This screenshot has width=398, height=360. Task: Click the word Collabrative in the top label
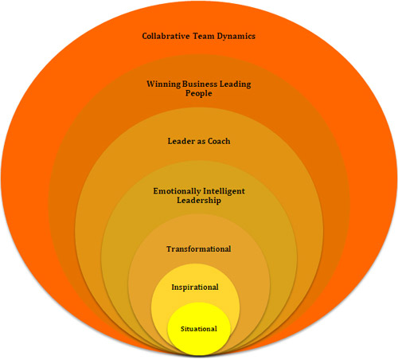click(x=165, y=36)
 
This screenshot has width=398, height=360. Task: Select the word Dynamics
click(x=236, y=37)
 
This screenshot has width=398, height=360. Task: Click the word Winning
click(x=164, y=84)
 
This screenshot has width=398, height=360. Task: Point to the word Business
click(x=200, y=84)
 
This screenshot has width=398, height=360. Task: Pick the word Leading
click(x=235, y=84)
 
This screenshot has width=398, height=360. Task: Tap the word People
click(x=199, y=93)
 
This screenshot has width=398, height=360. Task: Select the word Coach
click(x=219, y=141)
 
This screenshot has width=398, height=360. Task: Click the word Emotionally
click(x=177, y=191)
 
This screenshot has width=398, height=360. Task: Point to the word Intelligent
click(x=224, y=191)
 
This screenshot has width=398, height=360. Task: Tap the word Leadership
click(x=199, y=201)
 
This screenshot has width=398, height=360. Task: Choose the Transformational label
click(x=199, y=249)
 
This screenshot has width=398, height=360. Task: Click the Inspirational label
click(x=195, y=288)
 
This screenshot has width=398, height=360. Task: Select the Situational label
click(x=199, y=329)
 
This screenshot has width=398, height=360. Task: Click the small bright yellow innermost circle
click(x=199, y=329)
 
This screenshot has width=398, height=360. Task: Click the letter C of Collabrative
click(x=145, y=36)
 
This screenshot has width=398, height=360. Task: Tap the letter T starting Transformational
click(x=170, y=249)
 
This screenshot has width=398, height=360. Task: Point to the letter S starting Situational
click(x=182, y=329)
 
